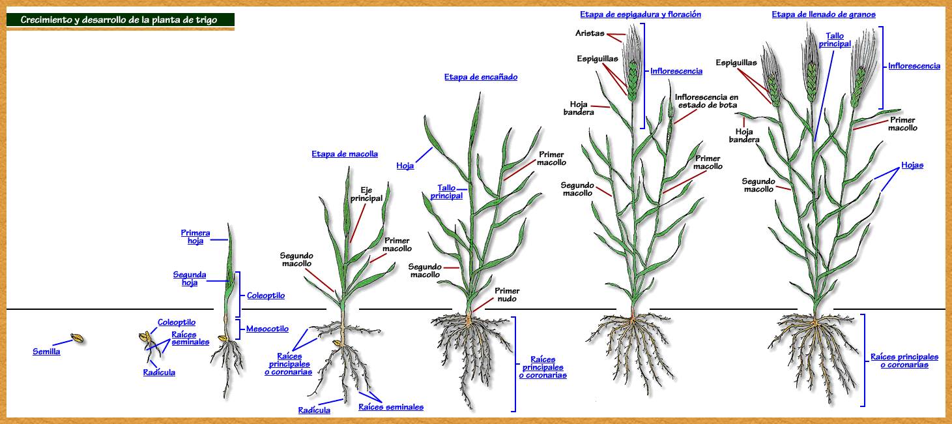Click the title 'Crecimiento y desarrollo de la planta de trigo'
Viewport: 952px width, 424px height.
point(119,20)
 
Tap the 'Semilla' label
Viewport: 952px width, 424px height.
point(46,352)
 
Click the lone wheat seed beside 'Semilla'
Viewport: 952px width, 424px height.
point(77,339)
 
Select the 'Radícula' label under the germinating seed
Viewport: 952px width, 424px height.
point(159,372)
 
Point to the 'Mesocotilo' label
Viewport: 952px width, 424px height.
point(267,329)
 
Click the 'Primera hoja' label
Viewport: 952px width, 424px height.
point(195,237)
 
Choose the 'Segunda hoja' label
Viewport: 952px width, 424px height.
point(190,279)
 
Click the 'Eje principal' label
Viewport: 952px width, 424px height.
point(366,194)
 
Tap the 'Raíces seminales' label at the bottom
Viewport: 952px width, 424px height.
point(391,407)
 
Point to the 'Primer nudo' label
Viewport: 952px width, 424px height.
point(507,295)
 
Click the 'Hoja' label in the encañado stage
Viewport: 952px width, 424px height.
point(405,166)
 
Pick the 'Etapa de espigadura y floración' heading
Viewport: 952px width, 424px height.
point(641,14)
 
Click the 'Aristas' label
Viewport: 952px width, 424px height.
point(590,33)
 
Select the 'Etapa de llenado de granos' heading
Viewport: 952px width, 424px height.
point(824,14)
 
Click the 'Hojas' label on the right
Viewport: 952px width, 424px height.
point(912,165)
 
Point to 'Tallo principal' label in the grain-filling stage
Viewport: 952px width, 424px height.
point(835,40)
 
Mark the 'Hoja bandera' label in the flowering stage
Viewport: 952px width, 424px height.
point(579,108)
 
